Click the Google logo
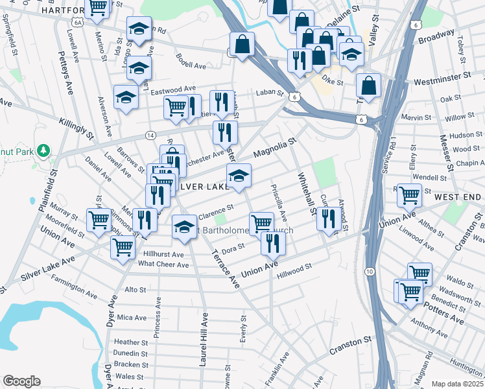click(21, 381)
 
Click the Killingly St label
click(77, 123)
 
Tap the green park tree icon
click(44, 150)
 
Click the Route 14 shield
click(150, 135)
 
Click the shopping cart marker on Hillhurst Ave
click(122, 246)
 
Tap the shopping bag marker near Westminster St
click(368, 84)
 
